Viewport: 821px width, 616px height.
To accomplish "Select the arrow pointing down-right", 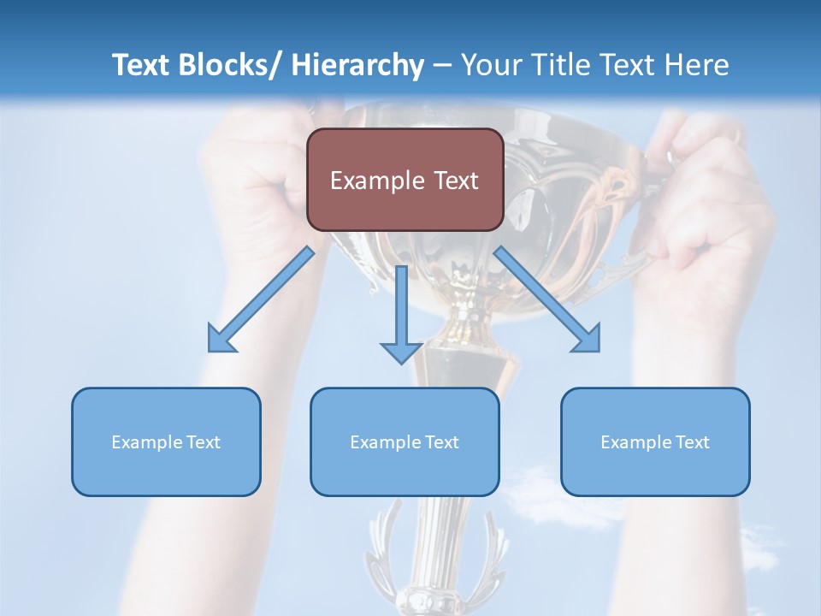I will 548,300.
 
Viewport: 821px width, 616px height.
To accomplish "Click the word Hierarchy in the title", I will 357,65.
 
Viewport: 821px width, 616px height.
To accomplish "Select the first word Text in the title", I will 142,65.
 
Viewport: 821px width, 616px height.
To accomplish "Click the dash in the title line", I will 442,65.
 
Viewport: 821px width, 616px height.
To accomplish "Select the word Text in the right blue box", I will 692,442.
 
